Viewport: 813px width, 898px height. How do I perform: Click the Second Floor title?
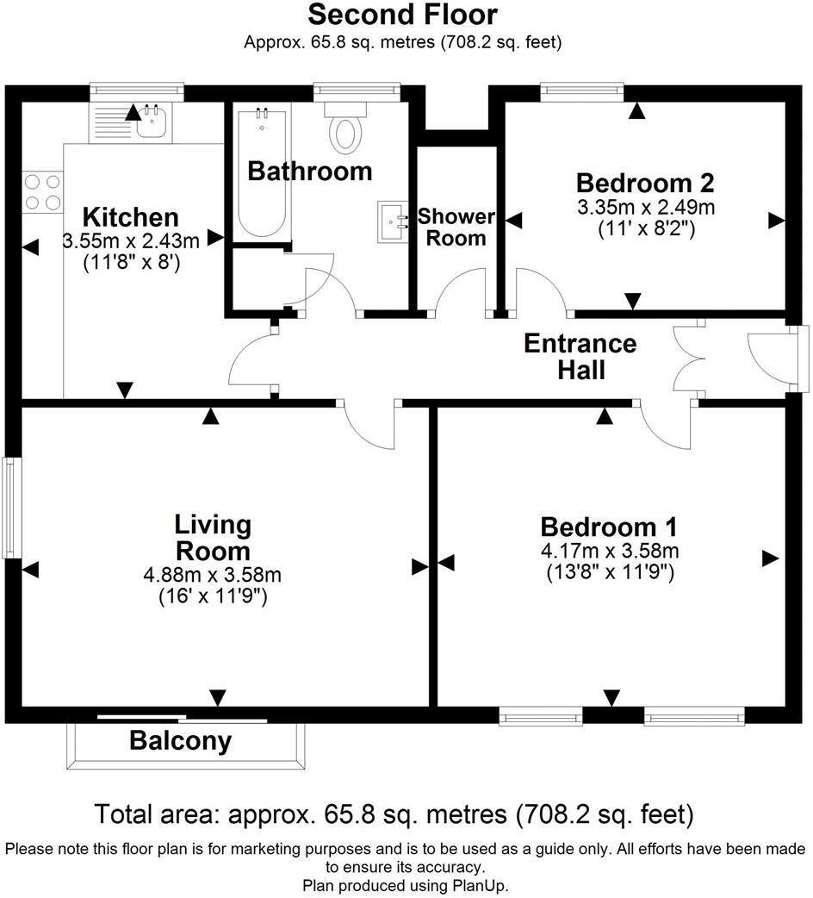tap(402, 15)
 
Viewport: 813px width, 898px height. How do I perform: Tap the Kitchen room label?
tap(130, 217)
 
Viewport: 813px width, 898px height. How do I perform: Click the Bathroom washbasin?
tap(394, 220)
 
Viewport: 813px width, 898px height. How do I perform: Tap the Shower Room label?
tap(456, 228)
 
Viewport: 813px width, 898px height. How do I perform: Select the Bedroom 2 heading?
tap(645, 183)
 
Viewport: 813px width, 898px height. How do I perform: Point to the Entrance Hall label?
tap(580, 356)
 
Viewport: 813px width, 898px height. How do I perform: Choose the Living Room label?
tap(213, 537)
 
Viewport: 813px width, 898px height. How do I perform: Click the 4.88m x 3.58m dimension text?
tap(213, 574)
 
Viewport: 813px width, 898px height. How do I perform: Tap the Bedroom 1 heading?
tap(609, 526)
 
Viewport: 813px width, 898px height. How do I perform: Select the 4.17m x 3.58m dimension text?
tap(609, 550)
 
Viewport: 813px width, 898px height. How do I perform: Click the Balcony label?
tap(181, 740)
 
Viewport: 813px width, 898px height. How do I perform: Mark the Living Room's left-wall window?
tap(9, 508)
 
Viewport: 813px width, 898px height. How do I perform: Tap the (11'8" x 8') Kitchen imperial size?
tap(130, 264)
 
